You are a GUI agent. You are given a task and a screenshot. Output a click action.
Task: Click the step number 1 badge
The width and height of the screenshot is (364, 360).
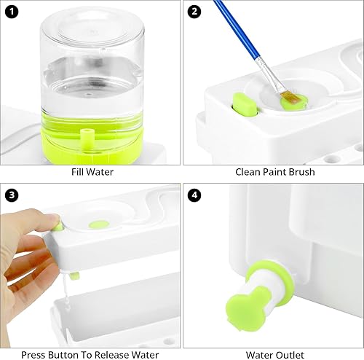11,11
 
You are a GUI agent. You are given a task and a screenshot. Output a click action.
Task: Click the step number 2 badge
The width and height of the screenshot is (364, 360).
194,11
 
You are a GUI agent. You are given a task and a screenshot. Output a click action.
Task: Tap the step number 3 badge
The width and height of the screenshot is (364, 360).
11,195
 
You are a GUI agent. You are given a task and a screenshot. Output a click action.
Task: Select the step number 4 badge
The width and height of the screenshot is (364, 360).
194,195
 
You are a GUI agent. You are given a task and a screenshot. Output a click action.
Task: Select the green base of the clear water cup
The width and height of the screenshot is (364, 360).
91,131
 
